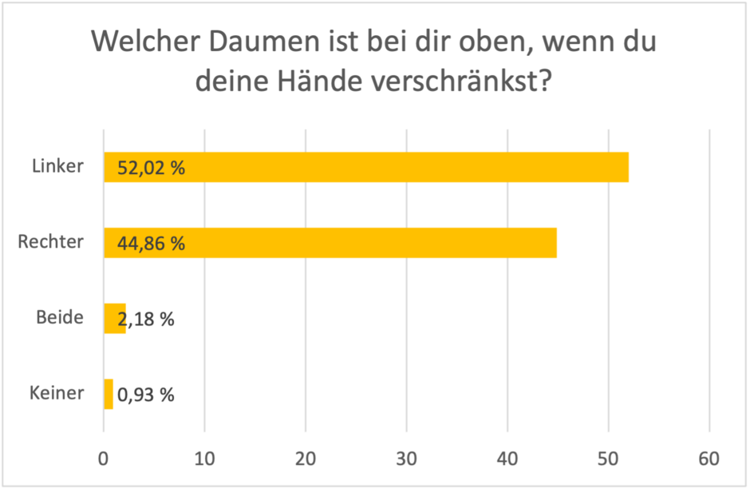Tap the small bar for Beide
click(x=113, y=318)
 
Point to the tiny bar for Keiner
click(x=109, y=394)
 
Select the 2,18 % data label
click(x=146, y=319)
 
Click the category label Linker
click(x=58, y=167)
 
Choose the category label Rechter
click(x=51, y=242)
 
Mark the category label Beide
click(x=60, y=317)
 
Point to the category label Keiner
click(x=57, y=393)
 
